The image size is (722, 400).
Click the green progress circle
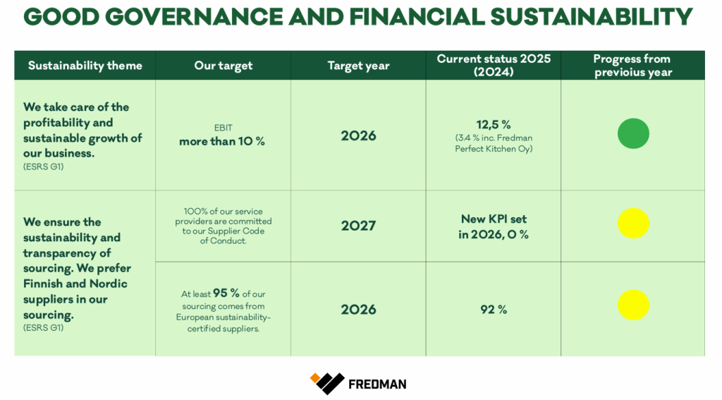click(x=633, y=133)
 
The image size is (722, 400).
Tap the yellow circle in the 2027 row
click(x=633, y=224)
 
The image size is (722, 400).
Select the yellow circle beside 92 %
click(x=633, y=305)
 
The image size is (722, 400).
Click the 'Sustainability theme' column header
click(x=85, y=66)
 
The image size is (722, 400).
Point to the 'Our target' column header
click(x=224, y=66)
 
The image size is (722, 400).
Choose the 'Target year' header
click(x=358, y=66)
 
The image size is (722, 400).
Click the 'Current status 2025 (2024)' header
click(x=494, y=65)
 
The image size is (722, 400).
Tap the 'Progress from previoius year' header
click(x=632, y=66)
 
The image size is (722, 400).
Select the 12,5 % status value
click(x=494, y=124)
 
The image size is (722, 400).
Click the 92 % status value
click(x=494, y=310)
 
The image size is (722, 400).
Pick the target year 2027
click(x=358, y=226)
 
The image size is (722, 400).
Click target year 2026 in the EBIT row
click(x=358, y=136)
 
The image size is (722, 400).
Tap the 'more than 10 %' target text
click(x=222, y=142)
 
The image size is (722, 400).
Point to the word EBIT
click(x=224, y=128)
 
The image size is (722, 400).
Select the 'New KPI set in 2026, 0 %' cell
click(x=494, y=226)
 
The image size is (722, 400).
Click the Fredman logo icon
click(x=327, y=383)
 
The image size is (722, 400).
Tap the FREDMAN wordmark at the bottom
click(x=378, y=384)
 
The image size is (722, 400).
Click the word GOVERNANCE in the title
click(x=195, y=17)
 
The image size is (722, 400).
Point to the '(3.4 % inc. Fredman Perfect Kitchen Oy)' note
click(x=494, y=143)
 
